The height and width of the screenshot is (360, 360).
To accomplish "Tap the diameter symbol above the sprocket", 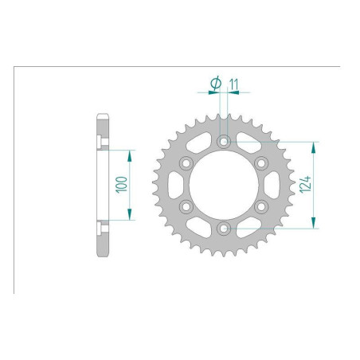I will coord(215,82).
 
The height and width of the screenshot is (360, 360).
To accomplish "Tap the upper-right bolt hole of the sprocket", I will coord(260,163).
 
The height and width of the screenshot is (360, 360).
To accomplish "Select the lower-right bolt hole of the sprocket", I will coord(260,207).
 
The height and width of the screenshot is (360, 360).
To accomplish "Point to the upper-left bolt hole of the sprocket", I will coord(186,163).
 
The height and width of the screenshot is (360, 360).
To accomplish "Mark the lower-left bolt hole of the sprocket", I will coord(186,207).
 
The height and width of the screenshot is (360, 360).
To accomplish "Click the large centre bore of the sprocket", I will coord(223,185).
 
